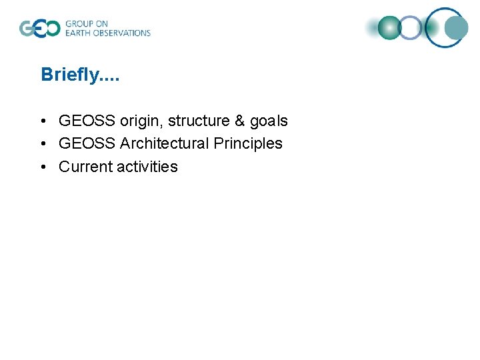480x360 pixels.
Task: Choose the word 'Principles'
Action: (x=248, y=143)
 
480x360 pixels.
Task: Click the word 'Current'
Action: (x=85, y=166)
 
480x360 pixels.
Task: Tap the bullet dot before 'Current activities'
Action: (x=42, y=167)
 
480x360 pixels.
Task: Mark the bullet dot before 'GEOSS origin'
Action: (x=42, y=121)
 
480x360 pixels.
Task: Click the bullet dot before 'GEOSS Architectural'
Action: (x=42, y=144)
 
